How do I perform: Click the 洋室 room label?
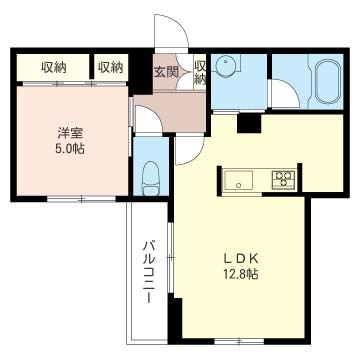coord(70,133)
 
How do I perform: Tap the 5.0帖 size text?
coord(70,148)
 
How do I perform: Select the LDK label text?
coord(241,259)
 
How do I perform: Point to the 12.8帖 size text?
coord(241,274)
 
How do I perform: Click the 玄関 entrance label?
coord(166,71)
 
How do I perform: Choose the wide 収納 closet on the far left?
coord(53,68)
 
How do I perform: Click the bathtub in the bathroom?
coord(328,82)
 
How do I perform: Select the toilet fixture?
coord(151,178)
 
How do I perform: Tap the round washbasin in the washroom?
coord(226,65)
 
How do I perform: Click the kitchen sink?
coord(238,180)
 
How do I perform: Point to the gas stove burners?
coord(283,180)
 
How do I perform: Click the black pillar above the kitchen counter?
coord(249,123)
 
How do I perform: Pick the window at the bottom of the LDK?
coord(239,341)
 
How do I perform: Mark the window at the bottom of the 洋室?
coord(81,199)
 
